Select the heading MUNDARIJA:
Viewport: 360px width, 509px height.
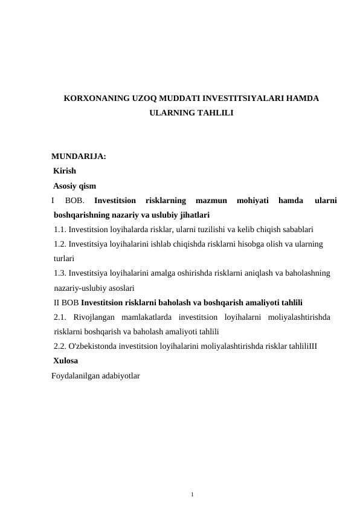(79, 157)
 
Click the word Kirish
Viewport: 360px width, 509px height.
(65, 171)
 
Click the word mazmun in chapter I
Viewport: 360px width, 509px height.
(211, 200)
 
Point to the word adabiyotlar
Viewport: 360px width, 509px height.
(123, 375)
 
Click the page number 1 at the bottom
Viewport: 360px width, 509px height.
(191, 495)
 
